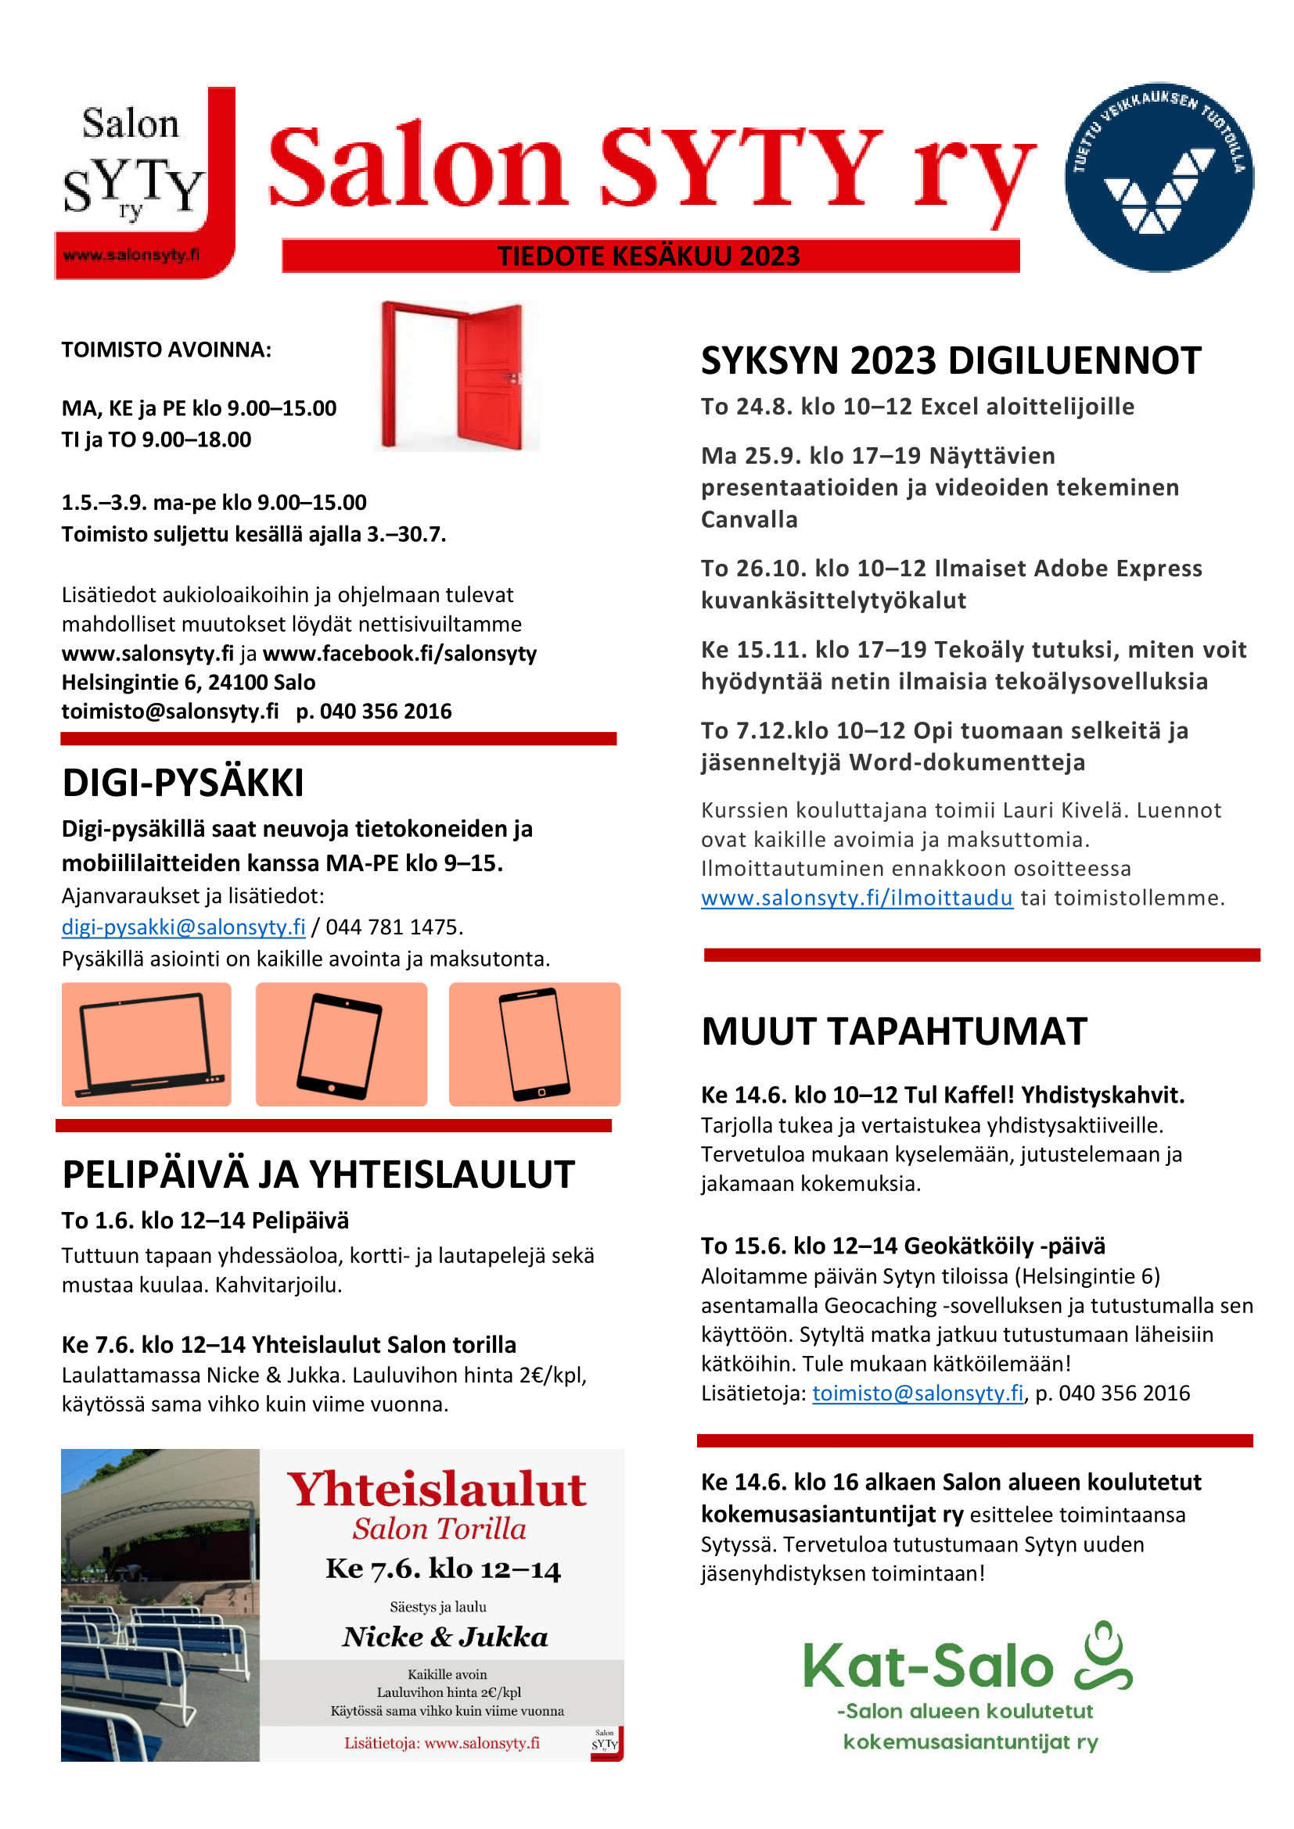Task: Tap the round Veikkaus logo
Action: (x=1159, y=177)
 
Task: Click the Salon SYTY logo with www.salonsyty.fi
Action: (x=144, y=183)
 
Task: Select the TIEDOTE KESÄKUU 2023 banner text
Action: (x=649, y=256)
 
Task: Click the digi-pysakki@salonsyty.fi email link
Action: (x=183, y=927)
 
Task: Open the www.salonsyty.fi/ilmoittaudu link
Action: (x=857, y=898)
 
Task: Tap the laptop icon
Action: (x=146, y=1045)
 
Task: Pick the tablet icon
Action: (x=341, y=1045)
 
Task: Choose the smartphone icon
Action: (x=534, y=1045)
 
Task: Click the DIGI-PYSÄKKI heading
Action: (x=183, y=783)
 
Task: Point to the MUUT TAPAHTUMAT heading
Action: (x=894, y=1031)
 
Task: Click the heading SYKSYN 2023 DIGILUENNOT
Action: (x=951, y=360)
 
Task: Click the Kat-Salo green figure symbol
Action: (x=1104, y=1657)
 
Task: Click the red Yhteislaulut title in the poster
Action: (x=437, y=1490)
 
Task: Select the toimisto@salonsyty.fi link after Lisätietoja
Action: (x=918, y=1393)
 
